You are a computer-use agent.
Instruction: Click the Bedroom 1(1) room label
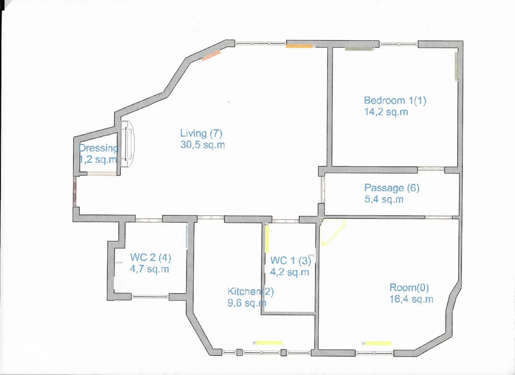point(395,101)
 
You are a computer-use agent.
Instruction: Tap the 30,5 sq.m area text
point(202,145)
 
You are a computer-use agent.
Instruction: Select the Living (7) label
point(201,133)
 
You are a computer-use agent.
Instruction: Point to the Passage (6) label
point(392,188)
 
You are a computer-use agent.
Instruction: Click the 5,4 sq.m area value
point(384,199)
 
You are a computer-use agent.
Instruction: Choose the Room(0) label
point(409,288)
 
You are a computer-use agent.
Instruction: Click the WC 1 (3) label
point(291,261)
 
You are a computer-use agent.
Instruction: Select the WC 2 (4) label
point(151,257)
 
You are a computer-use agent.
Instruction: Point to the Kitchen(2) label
point(251,292)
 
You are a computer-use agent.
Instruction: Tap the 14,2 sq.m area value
point(386,112)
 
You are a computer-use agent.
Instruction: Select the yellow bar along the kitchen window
point(269,343)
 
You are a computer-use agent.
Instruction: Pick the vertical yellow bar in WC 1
point(267,239)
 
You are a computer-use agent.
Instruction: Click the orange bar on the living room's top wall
point(299,46)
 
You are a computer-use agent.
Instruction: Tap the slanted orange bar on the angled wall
point(211,55)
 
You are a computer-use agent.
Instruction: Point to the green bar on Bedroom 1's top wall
point(359,49)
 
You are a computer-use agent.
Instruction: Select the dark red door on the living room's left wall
point(74,191)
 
